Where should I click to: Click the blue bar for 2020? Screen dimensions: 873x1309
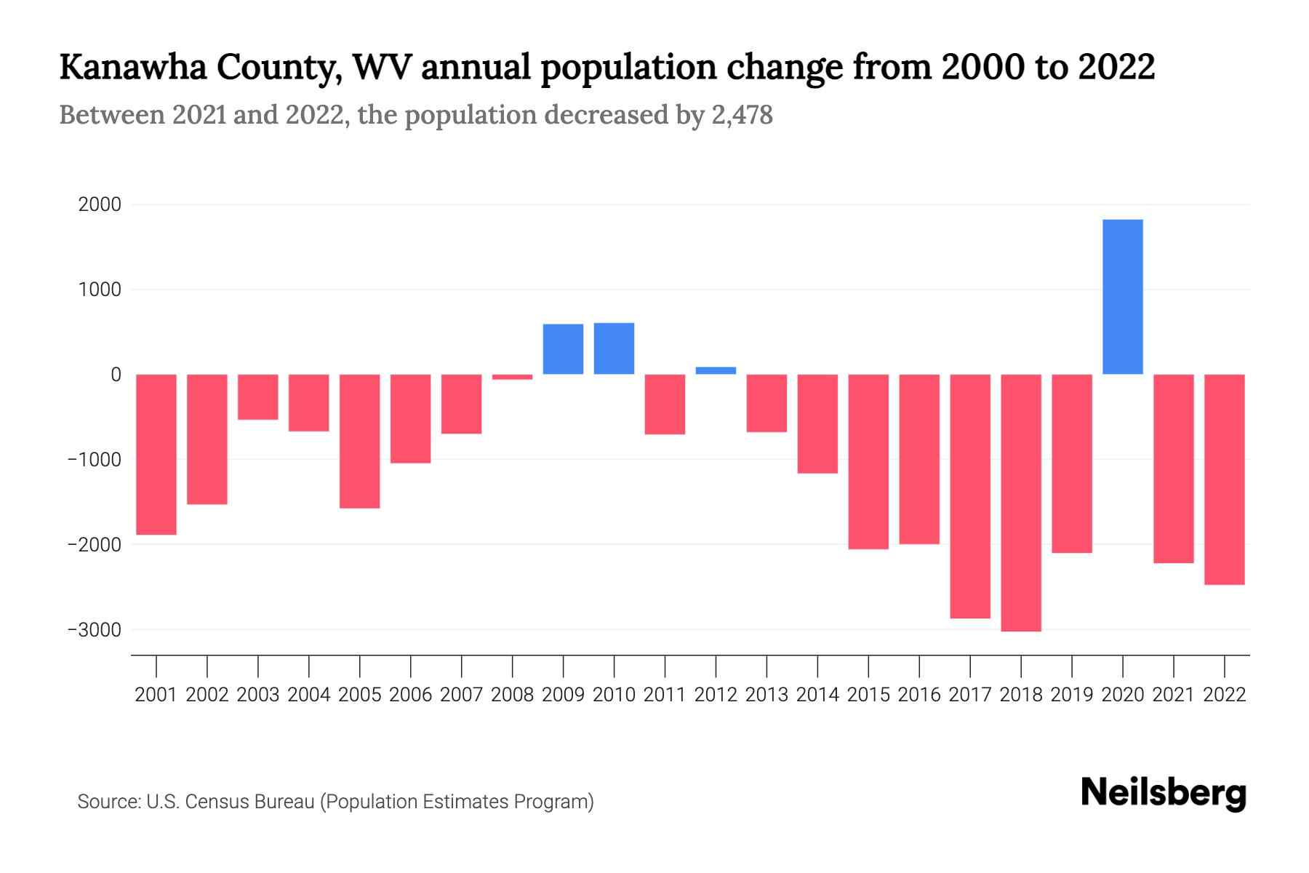coord(1122,297)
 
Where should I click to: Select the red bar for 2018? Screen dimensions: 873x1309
coord(1020,502)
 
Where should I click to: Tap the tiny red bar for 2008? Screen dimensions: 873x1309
coord(512,377)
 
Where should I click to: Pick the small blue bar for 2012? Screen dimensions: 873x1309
coord(716,370)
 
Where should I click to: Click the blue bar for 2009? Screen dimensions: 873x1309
coord(563,349)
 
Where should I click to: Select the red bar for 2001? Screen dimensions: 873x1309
coord(156,454)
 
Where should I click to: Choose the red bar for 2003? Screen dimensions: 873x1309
coord(258,396)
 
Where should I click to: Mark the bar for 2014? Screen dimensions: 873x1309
coord(817,423)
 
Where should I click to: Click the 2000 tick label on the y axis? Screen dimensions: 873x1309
coord(100,204)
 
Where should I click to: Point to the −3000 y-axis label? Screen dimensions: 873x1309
coord(94,630)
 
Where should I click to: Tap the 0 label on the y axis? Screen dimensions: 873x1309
coord(116,375)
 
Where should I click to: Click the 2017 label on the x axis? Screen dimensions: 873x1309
coord(969,695)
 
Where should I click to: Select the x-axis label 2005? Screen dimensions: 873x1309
coord(359,695)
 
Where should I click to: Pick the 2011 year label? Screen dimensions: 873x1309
coord(665,695)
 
